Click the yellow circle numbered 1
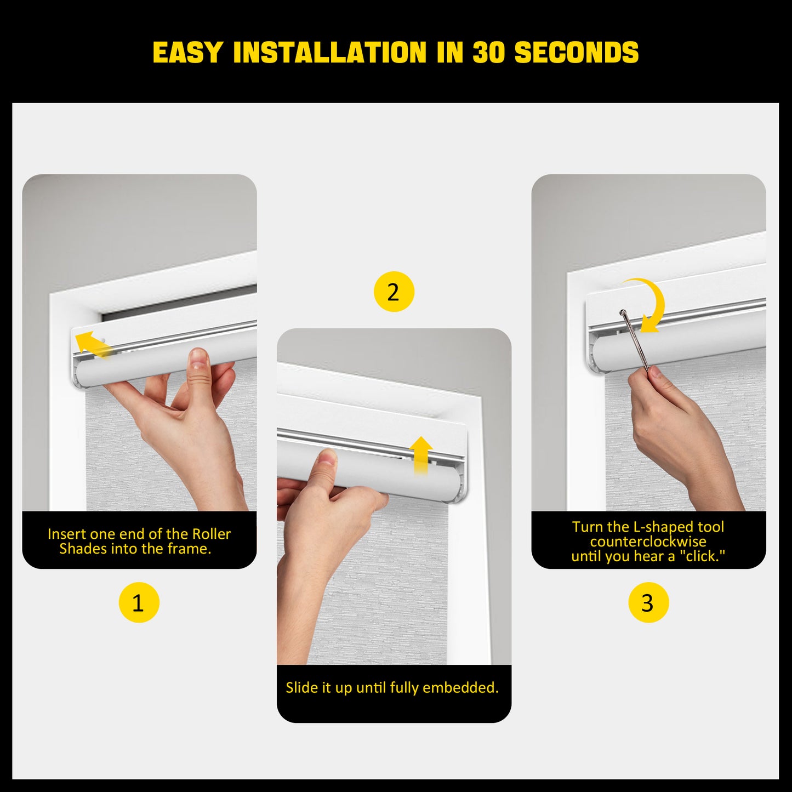tap(139, 602)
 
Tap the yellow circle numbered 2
tap(394, 292)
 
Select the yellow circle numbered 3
tap(648, 602)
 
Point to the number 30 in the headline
tap(488, 53)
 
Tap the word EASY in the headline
tap(187, 53)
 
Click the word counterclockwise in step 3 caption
tap(648, 542)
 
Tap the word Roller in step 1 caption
tap(211, 534)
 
